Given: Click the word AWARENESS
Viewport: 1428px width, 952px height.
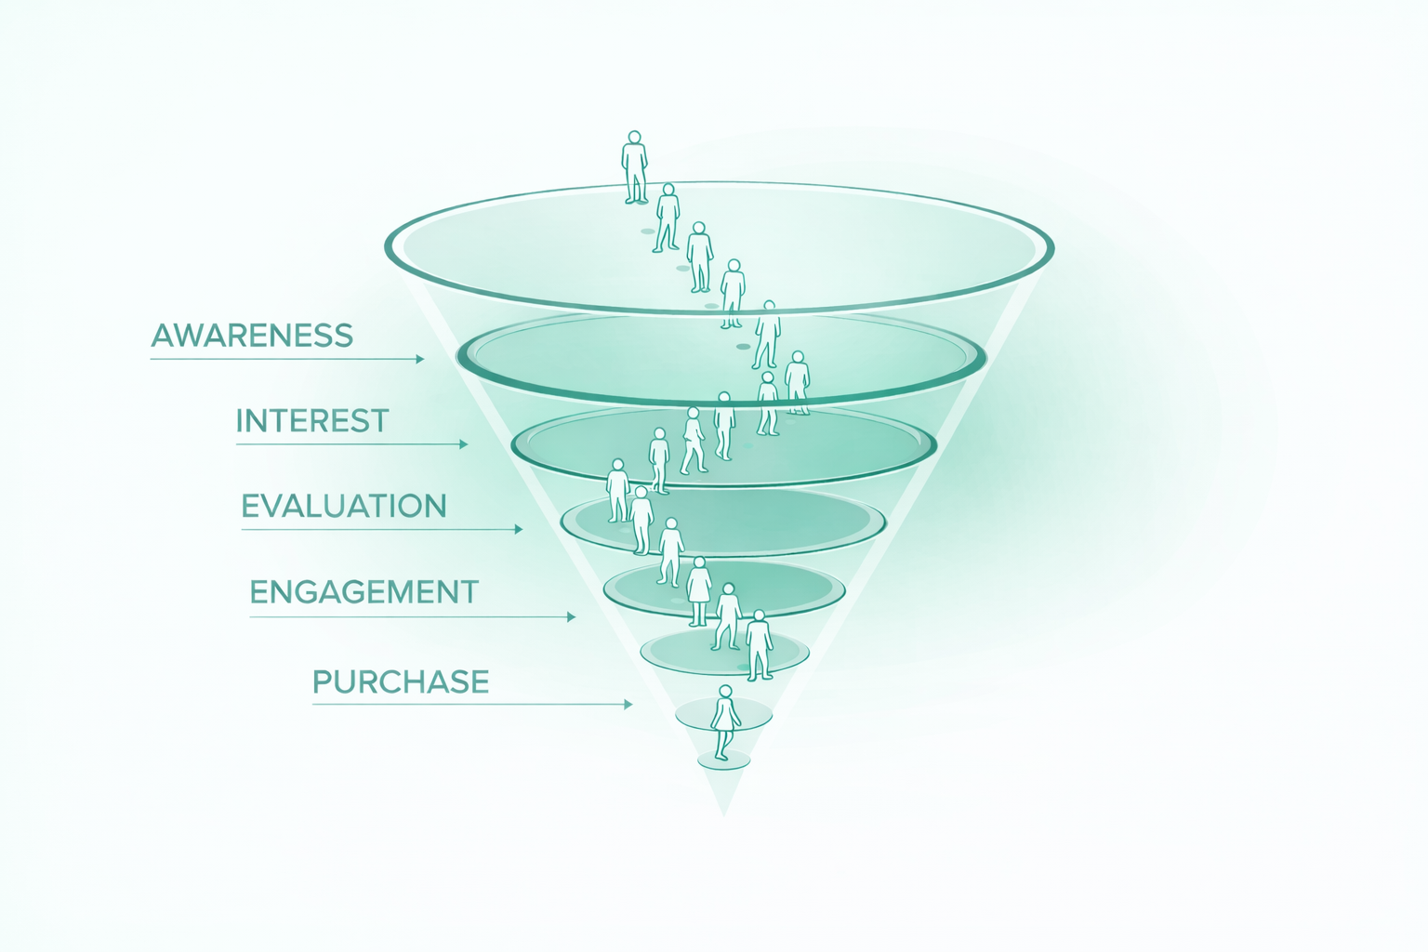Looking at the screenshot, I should [252, 336].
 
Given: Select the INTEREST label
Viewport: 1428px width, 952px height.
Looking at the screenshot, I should [312, 421].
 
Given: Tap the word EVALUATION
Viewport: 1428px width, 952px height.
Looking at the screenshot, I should [344, 507].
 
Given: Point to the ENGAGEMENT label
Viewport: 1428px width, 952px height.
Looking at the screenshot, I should [364, 592].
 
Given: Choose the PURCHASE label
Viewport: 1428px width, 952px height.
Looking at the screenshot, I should [401, 682].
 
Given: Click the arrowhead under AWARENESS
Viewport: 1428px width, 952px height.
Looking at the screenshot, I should [420, 359].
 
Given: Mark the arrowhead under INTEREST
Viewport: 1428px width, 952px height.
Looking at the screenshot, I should [463, 444].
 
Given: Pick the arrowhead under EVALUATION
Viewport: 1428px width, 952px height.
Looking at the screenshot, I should [518, 529].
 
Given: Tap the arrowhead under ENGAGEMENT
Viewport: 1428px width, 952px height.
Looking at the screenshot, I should [571, 616].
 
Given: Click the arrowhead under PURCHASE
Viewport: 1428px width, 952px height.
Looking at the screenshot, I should [628, 704].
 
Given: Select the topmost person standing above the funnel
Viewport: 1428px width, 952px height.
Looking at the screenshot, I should [635, 167].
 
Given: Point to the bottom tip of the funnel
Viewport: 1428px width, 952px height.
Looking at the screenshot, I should [723, 813].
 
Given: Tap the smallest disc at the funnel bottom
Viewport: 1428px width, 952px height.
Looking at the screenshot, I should [723, 761].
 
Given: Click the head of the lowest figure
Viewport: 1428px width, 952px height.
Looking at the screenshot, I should [725, 693].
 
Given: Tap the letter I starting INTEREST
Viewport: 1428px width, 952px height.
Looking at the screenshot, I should [240, 421].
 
